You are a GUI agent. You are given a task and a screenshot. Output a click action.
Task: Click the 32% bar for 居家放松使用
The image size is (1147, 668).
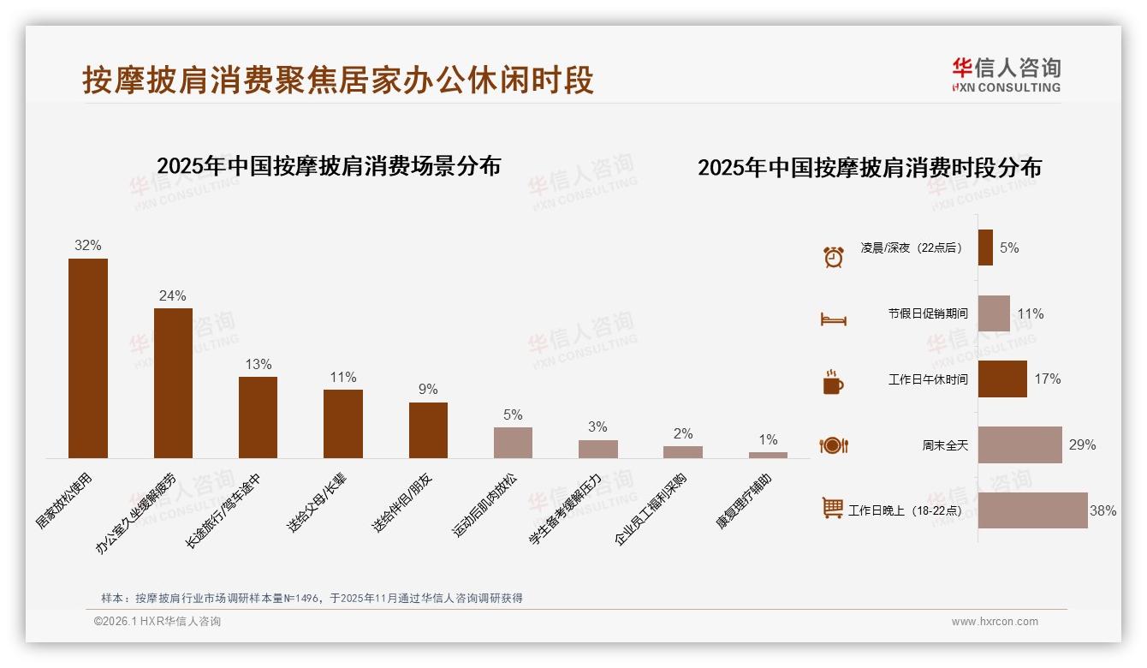click(88, 358)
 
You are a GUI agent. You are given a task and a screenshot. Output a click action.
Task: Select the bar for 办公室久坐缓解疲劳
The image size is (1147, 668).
click(173, 383)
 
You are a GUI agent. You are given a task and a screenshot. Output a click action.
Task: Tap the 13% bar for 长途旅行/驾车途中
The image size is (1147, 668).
click(258, 417)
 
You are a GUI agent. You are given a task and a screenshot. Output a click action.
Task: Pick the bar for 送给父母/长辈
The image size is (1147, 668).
click(342, 424)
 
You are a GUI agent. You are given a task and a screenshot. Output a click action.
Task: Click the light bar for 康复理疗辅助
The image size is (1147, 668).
click(768, 455)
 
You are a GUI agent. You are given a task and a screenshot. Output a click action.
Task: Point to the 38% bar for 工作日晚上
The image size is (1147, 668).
click(1032, 510)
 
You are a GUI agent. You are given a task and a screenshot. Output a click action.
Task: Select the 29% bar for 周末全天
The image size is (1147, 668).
click(1019, 444)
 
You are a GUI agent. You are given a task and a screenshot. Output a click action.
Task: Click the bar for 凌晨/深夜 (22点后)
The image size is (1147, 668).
click(985, 248)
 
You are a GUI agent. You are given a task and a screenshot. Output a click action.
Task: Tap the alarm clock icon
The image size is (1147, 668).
click(833, 256)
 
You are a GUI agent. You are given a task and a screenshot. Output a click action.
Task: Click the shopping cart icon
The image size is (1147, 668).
click(833, 508)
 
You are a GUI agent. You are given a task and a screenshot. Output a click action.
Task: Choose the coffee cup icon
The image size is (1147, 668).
click(833, 382)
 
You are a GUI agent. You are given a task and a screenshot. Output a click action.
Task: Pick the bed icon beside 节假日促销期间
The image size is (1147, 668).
click(833, 319)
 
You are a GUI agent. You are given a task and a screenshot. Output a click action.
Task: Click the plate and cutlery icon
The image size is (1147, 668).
click(833, 445)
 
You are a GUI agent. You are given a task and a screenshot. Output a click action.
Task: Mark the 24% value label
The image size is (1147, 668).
click(172, 296)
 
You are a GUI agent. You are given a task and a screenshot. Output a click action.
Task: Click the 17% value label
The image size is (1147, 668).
click(1048, 379)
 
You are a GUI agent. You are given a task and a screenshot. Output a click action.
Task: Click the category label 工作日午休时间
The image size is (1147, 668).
click(928, 379)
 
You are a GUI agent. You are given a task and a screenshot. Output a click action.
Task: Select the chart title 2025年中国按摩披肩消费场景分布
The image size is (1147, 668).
click(329, 165)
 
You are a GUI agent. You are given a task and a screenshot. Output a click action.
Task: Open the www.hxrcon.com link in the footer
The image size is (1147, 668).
click(995, 622)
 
